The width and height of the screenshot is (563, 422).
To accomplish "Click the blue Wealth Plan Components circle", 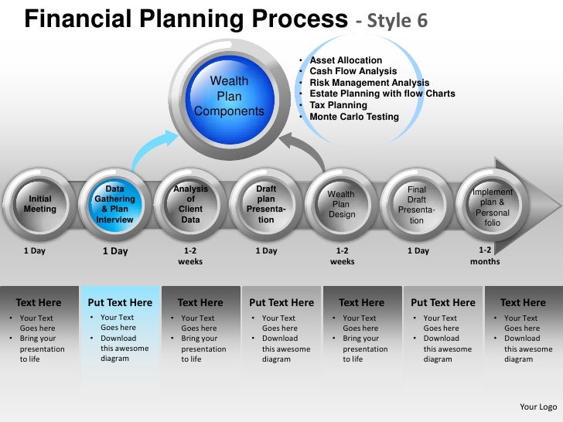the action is (230, 97).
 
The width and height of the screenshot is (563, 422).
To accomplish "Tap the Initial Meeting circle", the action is (40, 204).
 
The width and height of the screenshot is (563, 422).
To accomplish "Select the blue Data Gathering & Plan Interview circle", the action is (114, 204).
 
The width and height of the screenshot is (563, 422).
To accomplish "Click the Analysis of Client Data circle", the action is (190, 204).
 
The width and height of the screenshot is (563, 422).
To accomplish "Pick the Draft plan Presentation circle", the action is (266, 204).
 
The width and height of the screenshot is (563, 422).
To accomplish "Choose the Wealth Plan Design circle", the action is (341, 204).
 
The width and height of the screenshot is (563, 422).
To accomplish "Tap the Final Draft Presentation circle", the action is (417, 204).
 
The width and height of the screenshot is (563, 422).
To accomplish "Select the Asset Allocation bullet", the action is (346, 60).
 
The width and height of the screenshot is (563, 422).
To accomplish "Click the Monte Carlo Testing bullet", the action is (354, 117).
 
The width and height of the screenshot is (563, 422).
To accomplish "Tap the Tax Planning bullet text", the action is (338, 105).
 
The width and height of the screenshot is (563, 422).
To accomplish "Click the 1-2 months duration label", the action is (485, 256).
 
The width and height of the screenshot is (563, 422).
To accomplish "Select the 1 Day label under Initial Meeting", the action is (35, 250).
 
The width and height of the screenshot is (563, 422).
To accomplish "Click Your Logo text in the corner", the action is (538, 407).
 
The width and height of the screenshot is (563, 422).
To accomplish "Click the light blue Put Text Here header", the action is (120, 302).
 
